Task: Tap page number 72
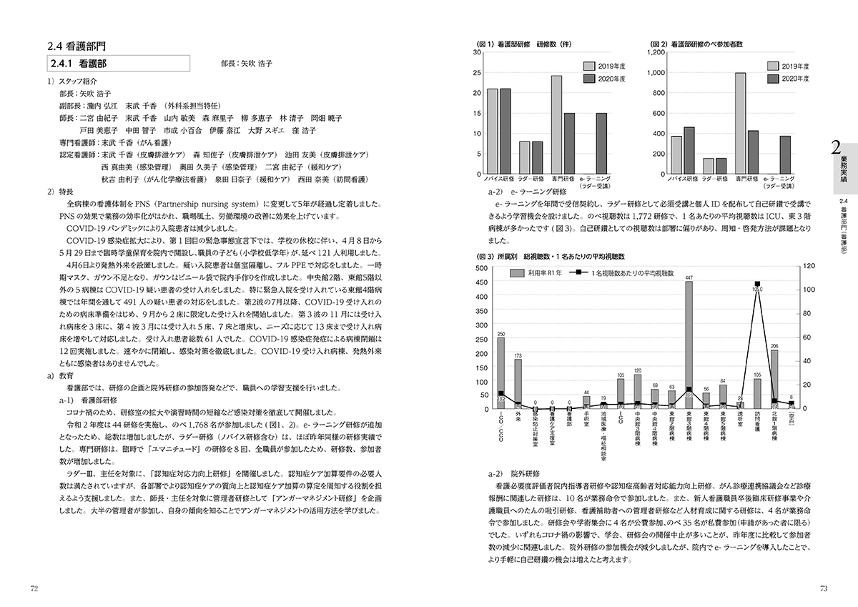pyautogui.click(x=34, y=588)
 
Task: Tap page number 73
pyautogui.click(x=824, y=588)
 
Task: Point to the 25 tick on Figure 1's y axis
pyautogui.click(x=478, y=72)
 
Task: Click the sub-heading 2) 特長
pyautogui.click(x=59, y=192)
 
